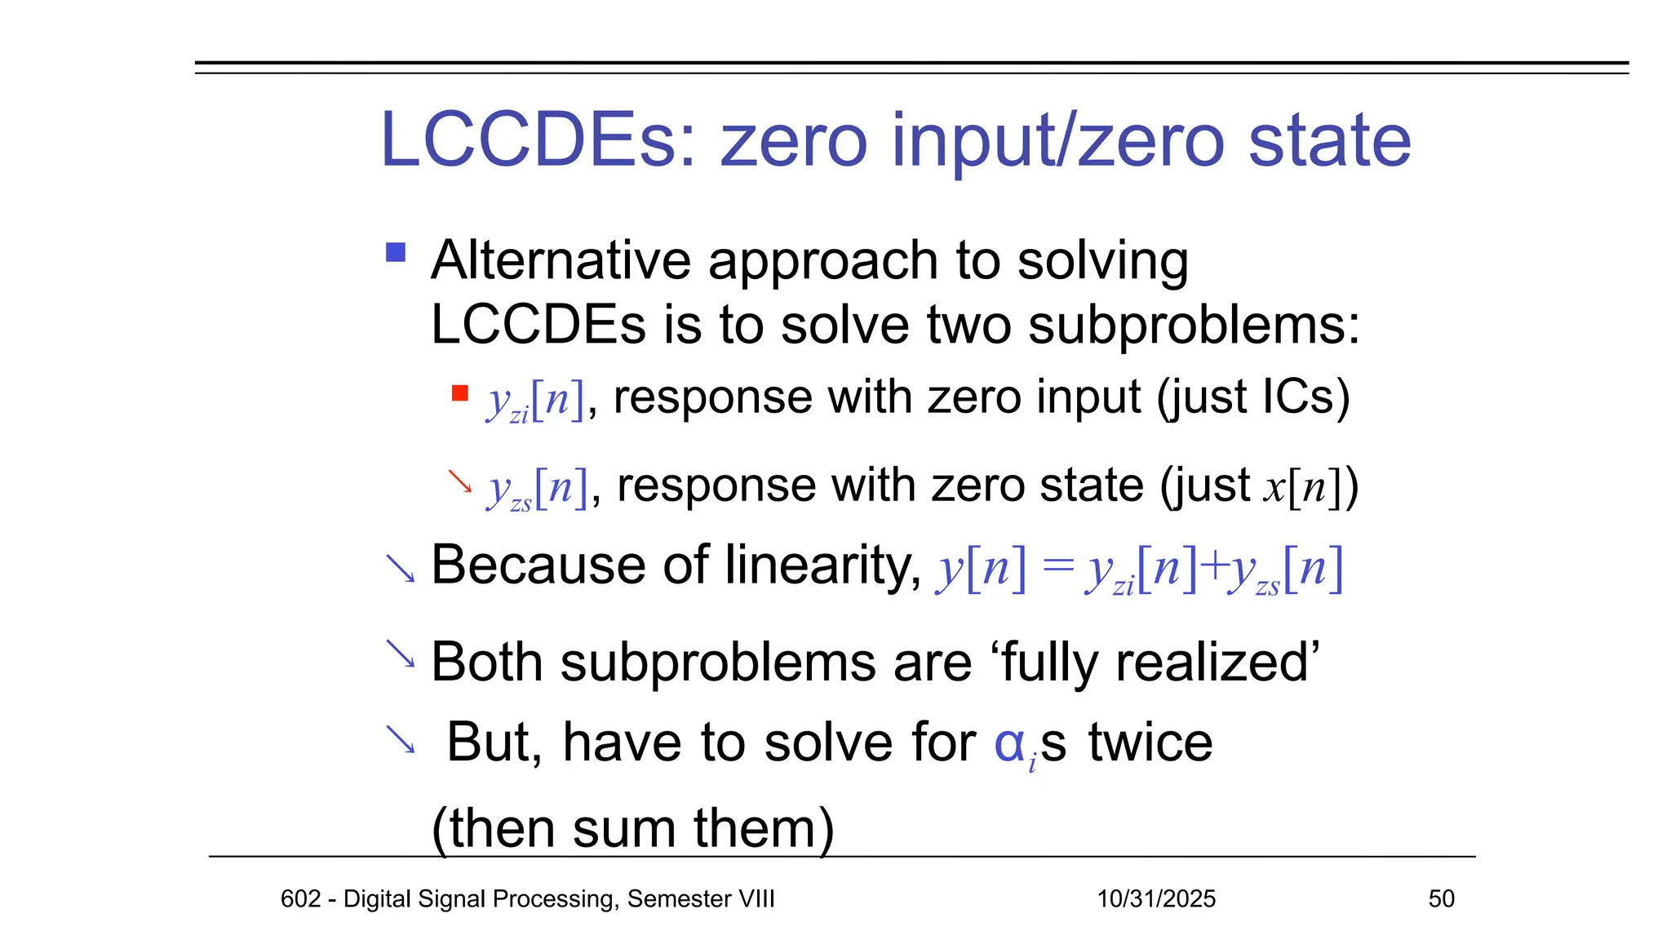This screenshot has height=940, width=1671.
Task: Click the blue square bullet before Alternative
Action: pyautogui.click(x=396, y=252)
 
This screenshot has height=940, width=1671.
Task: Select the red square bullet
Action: pyautogui.click(x=459, y=394)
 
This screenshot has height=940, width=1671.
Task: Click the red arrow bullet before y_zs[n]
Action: pyautogui.click(x=459, y=481)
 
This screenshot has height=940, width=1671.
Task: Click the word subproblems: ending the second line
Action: pyautogui.click(x=1194, y=325)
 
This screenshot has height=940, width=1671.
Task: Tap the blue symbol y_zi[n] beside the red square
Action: pyautogui.click(x=535, y=401)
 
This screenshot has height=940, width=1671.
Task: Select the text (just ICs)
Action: pyautogui.click(x=1253, y=397)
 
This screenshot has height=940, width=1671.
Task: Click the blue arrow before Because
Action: pyautogui.click(x=400, y=569)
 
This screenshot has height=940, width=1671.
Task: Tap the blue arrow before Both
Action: pyautogui.click(x=400, y=653)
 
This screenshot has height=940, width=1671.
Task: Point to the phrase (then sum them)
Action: pyautogui.click(x=632, y=828)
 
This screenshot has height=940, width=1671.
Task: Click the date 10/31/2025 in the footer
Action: pyautogui.click(x=1156, y=898)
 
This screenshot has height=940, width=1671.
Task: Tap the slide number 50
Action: pyautogui.click(x=1441, y=898)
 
